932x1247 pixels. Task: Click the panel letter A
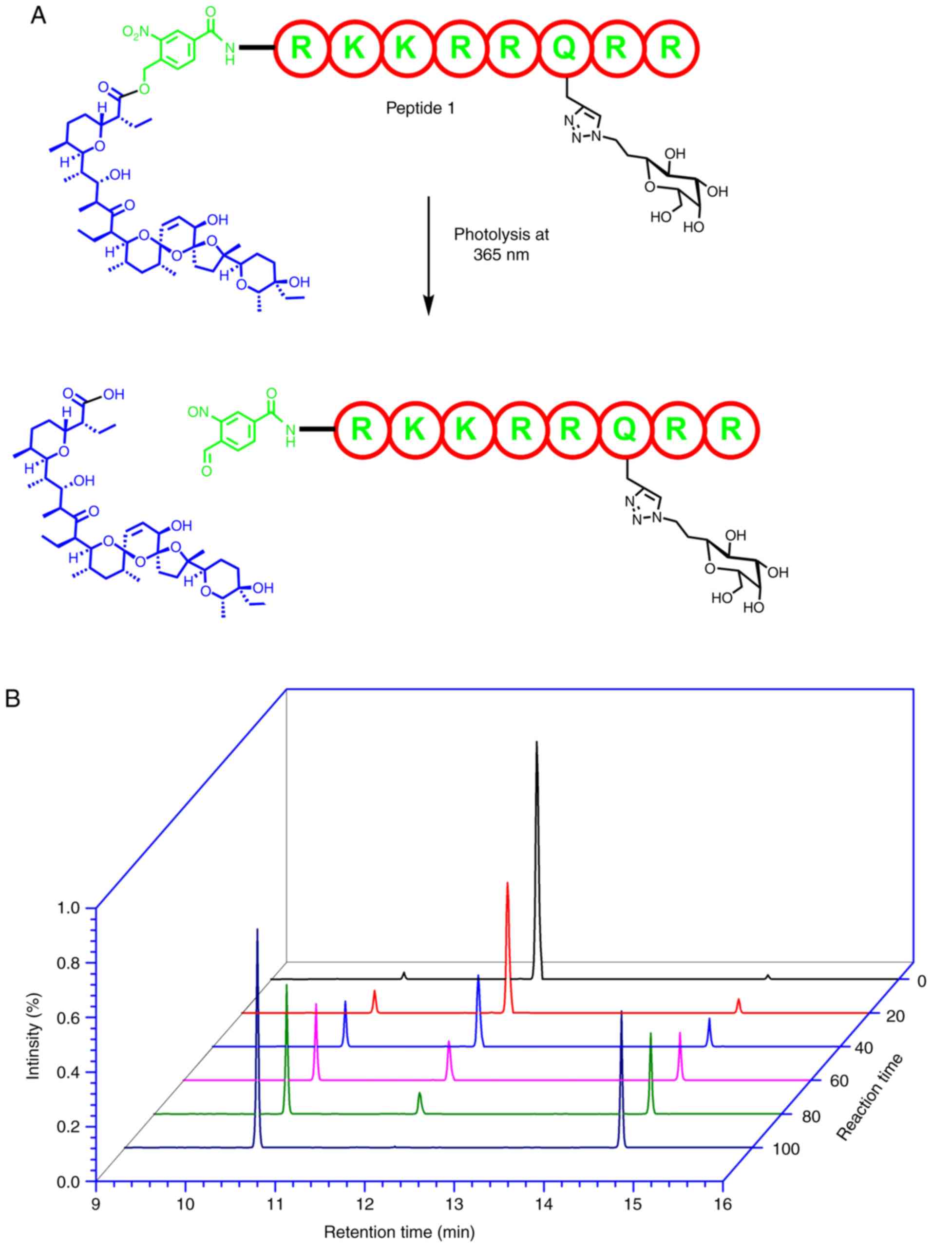[38, 15]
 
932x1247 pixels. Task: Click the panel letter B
[12, 699]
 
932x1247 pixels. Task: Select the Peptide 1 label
[420, 108]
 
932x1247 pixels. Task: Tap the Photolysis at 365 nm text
[501, 244]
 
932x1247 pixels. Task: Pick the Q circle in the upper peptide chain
[564, 47]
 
